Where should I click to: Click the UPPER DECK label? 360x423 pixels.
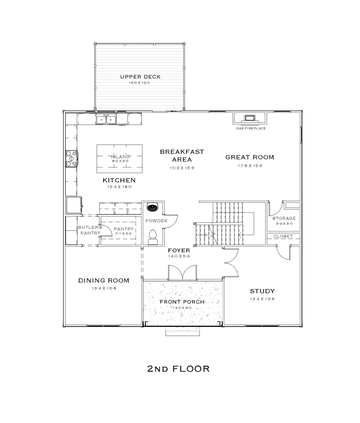click(140, 77)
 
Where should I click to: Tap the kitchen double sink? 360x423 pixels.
click(106, 119)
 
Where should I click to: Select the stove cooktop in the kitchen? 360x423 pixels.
click(72, 159)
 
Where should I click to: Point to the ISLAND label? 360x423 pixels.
click(120, 156)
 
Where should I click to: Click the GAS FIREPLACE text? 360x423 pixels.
click(251, 128)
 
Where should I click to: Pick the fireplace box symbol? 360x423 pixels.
click(250, 118)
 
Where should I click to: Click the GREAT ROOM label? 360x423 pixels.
click(250, 157)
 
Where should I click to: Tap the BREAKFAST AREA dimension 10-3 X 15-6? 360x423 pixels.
click(182, 168)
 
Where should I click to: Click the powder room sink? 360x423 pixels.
click(152, 208)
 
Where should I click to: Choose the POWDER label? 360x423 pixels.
click(156, 221)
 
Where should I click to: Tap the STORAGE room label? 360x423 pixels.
click(284, 218)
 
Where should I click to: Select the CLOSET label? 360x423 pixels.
click(283, 236)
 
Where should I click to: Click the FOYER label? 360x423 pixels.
click(179, 250)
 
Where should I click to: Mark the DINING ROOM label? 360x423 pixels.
click(104, 281)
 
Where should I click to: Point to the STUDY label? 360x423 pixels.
click(262, 291)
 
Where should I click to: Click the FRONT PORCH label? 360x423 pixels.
click(182, 302)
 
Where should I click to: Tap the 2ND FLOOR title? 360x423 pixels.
click(178, 369)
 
